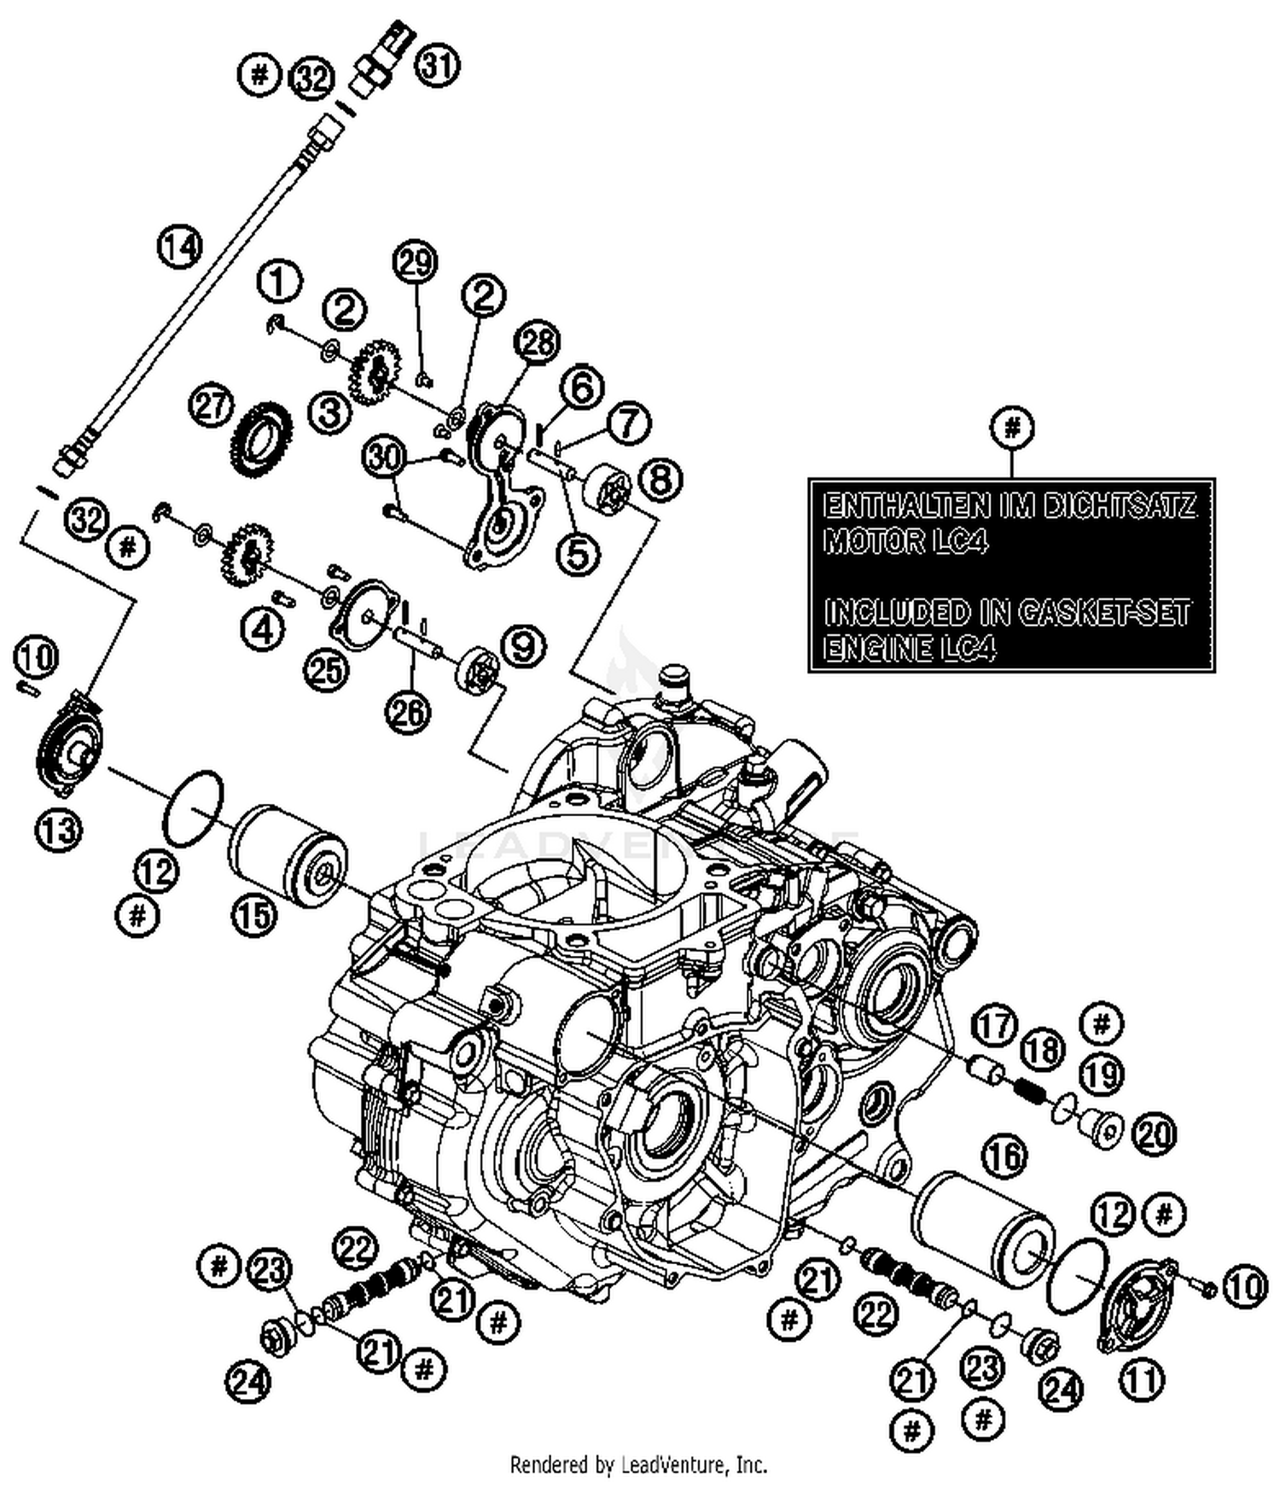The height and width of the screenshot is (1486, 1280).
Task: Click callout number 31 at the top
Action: (x=437, y=66)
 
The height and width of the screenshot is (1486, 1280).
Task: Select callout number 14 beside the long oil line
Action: (x=180, y=247)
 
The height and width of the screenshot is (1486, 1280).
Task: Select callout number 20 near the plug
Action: (x=1155, y=1134)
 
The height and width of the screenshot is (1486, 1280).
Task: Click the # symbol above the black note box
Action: (x=1011, y=426)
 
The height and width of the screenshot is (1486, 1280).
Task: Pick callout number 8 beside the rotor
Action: (x=661, y=480)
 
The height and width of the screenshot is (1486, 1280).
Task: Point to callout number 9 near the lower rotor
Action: (x=523, y=646)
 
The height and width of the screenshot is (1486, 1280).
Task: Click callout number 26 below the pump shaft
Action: (x=408, y=711)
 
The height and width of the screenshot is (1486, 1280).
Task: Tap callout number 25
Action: (x=326, y=671)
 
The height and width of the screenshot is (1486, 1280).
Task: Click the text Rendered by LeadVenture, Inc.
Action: (x=638, y=1465)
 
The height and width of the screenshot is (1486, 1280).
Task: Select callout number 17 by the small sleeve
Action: (x=993, y=1025)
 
